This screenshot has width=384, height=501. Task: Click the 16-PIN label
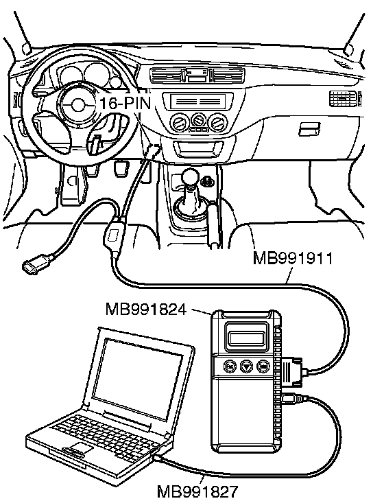125,103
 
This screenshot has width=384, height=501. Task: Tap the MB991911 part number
293,258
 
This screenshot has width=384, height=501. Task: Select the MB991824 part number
145,309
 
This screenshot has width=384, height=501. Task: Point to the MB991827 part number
198,492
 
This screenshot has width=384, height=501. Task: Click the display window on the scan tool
247,338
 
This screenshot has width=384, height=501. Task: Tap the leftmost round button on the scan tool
230,365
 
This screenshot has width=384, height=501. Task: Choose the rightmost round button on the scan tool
263,365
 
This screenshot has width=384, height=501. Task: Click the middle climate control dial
198,121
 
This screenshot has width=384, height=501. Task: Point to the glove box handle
309,129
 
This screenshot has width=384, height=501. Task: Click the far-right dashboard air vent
343,98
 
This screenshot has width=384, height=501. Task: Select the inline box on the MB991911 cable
115,235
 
